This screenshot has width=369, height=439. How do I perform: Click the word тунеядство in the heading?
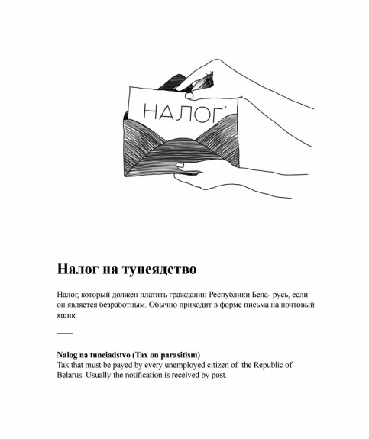point(158,269)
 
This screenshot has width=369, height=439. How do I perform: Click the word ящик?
point(66,315)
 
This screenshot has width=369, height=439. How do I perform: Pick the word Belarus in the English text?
point(71,375)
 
